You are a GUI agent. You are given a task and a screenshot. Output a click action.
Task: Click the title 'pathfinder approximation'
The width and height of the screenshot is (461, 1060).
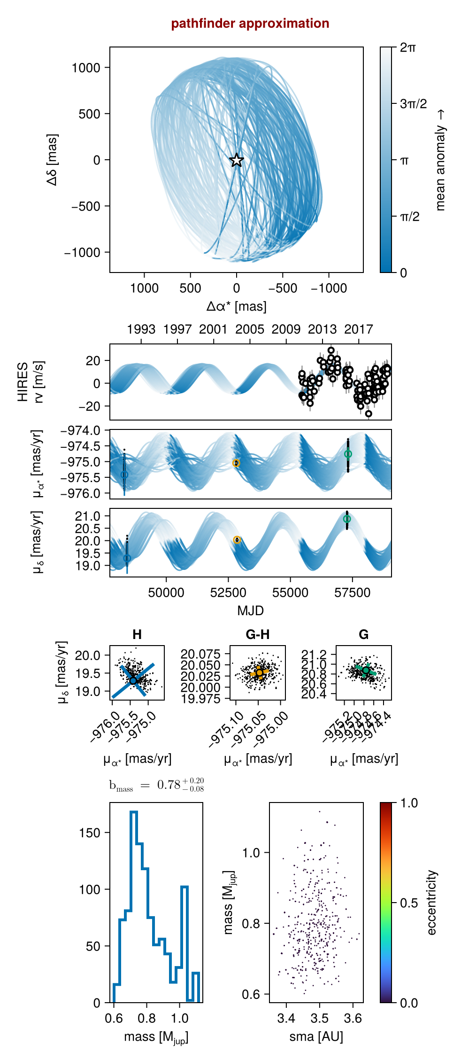[x=250, y=23]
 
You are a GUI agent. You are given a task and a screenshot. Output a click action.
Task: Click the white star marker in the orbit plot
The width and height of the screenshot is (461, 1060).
[x=237, y=160]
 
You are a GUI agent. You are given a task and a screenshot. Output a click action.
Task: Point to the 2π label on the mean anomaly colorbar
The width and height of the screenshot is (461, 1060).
[x=407, y=47]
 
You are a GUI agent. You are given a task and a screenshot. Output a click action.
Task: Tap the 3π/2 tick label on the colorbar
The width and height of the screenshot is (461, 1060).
[x=413, y=104]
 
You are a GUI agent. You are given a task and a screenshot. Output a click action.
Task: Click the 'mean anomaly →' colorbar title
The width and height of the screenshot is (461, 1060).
[x=440, y=160]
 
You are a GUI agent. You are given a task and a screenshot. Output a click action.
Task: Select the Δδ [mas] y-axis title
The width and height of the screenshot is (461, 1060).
[x=53, y=160]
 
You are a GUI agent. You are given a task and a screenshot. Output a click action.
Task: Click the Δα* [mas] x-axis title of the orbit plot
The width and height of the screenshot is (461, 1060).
[x=237, y=307]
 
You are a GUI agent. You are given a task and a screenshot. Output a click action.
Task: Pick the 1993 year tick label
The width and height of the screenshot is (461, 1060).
[x=141, y=329]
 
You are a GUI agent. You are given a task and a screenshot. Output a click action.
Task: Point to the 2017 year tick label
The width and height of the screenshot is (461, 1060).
[x=358, y=329]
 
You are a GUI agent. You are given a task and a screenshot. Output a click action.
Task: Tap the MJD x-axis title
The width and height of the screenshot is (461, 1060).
[x=250, y=611]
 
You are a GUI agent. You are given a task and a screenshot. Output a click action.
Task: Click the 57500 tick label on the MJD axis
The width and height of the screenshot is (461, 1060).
[x=352, y=593]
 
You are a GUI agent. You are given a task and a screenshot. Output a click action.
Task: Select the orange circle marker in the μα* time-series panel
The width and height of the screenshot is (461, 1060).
[x=236, y=463]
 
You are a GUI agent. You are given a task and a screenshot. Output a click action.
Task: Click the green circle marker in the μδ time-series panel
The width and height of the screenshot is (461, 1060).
[x=347, y=519]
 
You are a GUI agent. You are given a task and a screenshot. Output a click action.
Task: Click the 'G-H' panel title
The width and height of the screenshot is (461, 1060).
[x=257, y=635]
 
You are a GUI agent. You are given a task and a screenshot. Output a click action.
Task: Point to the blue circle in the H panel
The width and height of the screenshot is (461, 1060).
[x=133, y=680]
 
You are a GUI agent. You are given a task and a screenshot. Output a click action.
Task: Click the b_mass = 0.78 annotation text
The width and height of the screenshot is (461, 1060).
[x=156, y=785]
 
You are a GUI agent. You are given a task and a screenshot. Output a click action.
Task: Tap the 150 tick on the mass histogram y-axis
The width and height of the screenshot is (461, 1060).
[x=90, y=833]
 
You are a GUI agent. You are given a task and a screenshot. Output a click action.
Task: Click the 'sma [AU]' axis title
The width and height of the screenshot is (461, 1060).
[x=316, y=1037]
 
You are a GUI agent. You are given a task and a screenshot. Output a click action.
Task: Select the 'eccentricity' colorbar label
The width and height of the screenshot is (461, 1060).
[x=432, y=903]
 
